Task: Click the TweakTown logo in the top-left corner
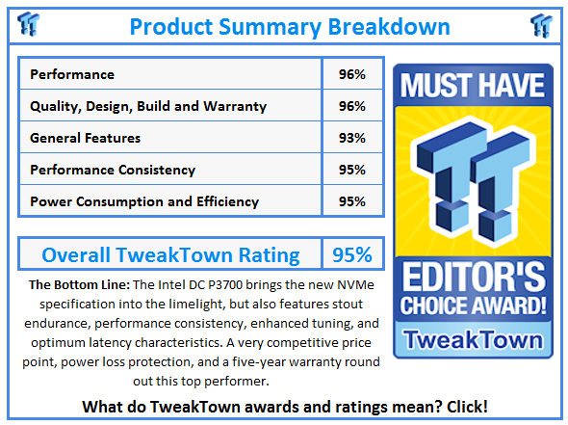pyautogui.click(x=28, y=24)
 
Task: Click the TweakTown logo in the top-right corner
pyautogui.click(x=541, y=26)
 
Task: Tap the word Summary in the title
pyautogui.click(x=271, y=28)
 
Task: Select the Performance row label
pyautogui.click(x=72, y=74)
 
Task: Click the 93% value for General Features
pyautogui.click(x=351, y=138)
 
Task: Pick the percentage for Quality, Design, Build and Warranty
pyautogui.click(x=351, y=106)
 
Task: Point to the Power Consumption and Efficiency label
pyautogui.click(x=144, y=201)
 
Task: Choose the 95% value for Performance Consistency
pyautogui.click(x=351, y=170)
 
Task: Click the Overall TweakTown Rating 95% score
pyautogui.click(x=352, y=254)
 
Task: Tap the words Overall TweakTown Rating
pyautogui.click(x=170, y=255)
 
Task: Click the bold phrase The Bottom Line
pyautogui.click(x=79, y=284)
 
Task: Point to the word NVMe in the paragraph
pyautogui.click(x=355, y=284)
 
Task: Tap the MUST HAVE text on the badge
pyautogui.click(x=473, y=86)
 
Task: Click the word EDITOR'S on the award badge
pyautogui.click(x=474, y=277)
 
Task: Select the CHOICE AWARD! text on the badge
pyautogui.click(x=473, y=305)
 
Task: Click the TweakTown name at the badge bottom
pyautogui.click(x=474, y=340)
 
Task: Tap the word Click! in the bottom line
pyautogui.click(x=467, y=407)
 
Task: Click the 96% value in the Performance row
pyautogui.click(x=351, y=74)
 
